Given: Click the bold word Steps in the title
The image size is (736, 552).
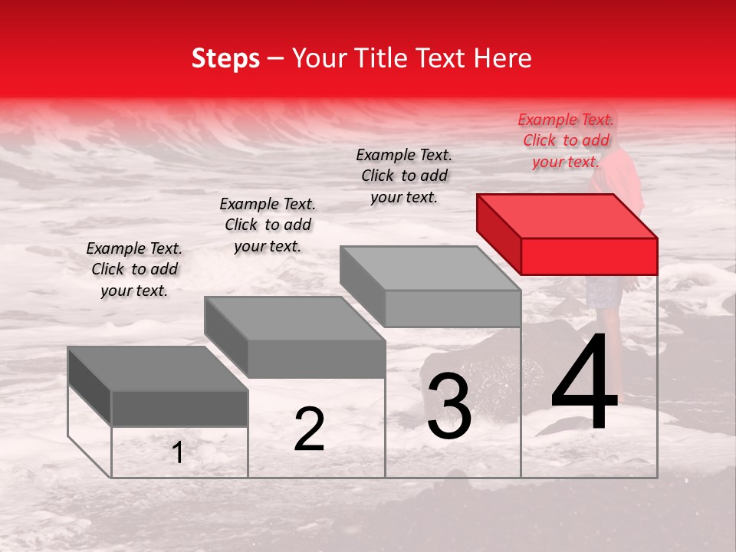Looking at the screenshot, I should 225,58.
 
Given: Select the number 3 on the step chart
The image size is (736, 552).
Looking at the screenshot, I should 449,406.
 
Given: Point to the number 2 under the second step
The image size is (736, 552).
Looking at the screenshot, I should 310,429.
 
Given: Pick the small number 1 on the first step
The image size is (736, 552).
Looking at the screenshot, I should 178,452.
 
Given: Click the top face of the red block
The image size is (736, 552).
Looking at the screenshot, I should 567,215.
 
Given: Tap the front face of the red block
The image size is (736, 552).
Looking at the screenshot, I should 589,256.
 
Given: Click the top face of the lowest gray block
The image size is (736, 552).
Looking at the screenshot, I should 157,368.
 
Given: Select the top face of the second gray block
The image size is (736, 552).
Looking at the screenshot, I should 294,318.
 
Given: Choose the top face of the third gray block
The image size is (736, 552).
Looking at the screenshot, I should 430,268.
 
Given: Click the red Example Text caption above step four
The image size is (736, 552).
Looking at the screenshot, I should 566,140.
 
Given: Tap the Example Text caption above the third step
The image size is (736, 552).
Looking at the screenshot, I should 404,176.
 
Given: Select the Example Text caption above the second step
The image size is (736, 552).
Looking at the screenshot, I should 268,225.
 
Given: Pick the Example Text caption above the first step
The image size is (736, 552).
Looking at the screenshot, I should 134,269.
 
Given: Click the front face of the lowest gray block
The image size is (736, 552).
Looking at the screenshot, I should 179,408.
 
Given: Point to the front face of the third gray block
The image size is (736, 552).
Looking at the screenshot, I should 452,308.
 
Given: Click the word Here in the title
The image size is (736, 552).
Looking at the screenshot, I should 504,58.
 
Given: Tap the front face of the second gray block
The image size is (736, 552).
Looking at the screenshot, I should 316,359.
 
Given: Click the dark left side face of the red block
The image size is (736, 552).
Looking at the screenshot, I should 498,234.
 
